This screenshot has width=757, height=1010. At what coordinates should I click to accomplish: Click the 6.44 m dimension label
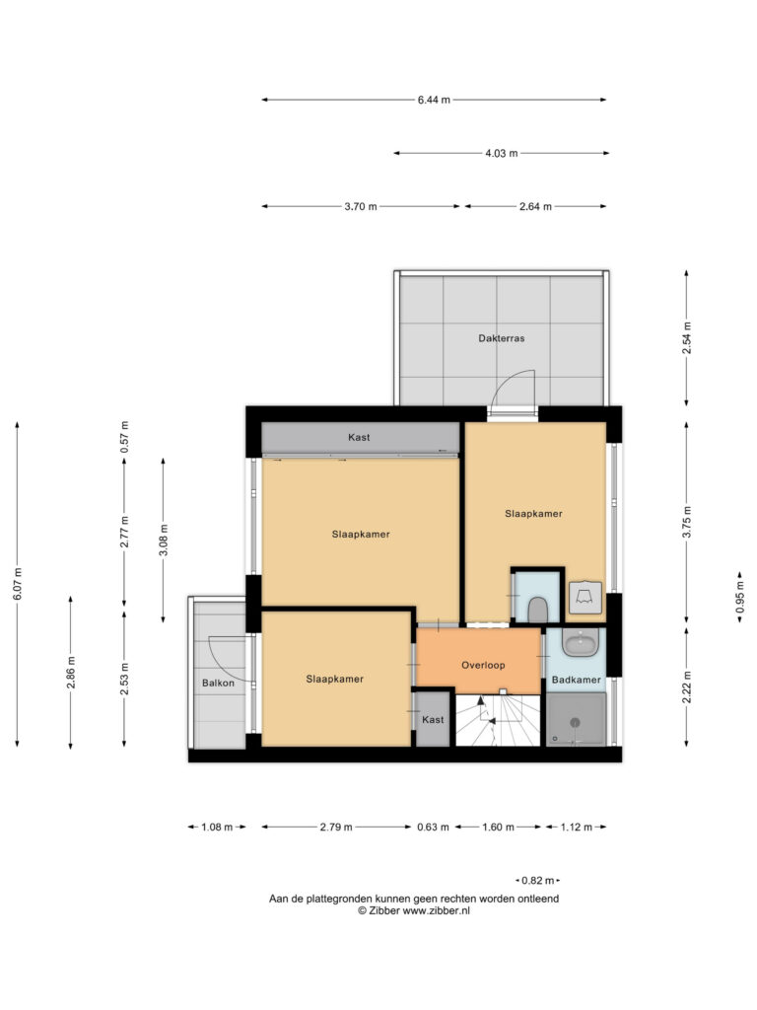(x=434, y=100)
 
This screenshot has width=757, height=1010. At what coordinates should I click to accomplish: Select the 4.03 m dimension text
(x=502, y=153)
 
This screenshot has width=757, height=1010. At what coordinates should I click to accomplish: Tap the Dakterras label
(x=502, y=338)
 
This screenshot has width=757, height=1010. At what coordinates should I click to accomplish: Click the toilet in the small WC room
(x=537, y=610)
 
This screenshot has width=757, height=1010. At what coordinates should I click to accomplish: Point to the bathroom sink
(x=580, y=642)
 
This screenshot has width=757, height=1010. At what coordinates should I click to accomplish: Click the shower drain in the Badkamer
(x=576, y=723)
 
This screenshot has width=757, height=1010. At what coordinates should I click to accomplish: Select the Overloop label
(x=483, y=666)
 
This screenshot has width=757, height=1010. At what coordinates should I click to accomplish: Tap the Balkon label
(x=218, y=683)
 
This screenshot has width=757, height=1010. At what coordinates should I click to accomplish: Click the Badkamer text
(x=576, y=680)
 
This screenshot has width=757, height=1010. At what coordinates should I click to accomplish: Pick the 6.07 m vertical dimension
(x=18, y=584)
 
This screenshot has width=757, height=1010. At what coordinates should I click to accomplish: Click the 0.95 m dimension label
(x=740, y=597)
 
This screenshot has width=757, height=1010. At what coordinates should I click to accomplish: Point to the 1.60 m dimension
(x=498, y=828)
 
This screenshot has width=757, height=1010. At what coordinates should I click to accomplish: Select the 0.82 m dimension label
(x=537, y=881)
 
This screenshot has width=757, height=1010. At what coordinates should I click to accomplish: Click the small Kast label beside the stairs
(x=433, y=719)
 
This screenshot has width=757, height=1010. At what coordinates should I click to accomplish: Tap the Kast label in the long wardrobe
(x=359, y=437)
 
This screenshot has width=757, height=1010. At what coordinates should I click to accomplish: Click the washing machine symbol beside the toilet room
(x=585, y=597)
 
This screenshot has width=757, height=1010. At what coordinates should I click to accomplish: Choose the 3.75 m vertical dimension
(x=687, y=523)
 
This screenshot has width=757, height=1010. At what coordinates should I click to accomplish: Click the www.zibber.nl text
(x=437, y=910)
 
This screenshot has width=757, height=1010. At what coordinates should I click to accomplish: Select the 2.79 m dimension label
(x=336, y=828)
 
